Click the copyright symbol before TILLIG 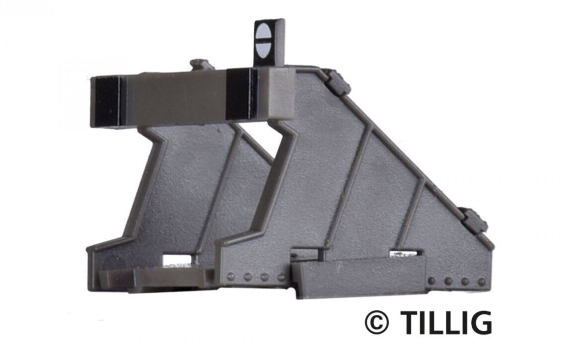click(376, 322)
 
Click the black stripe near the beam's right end click(240, 94)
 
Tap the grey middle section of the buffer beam click(174, 97)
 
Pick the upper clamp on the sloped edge click(340, 83)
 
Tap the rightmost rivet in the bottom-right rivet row click(481, 282)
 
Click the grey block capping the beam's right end click(280, 94)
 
